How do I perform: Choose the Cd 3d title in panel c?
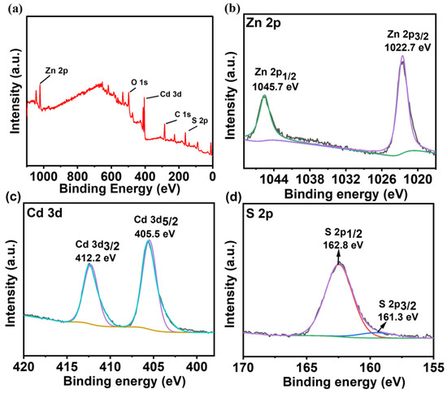click(x=44, y=215)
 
